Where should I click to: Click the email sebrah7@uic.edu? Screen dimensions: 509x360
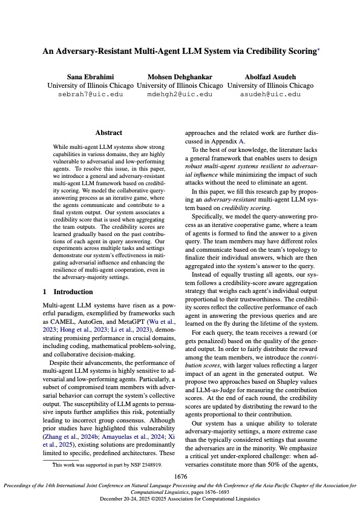point(90,94)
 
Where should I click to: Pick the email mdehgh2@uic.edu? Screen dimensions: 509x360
point(180,94)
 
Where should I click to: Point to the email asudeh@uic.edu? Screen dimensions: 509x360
point(270,94)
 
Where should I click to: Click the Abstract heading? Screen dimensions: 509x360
point(109,133)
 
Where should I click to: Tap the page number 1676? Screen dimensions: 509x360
point(180,477)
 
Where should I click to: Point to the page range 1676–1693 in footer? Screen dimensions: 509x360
point(220,493)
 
